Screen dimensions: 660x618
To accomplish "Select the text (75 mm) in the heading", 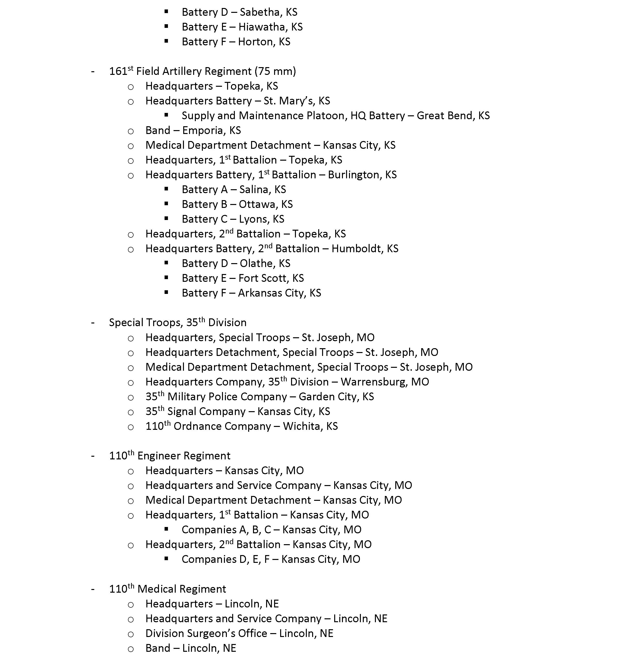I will pyautogui.click(x=275, y=72).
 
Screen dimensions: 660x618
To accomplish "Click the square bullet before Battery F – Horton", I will pyautogui.click(x=166, y=41).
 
